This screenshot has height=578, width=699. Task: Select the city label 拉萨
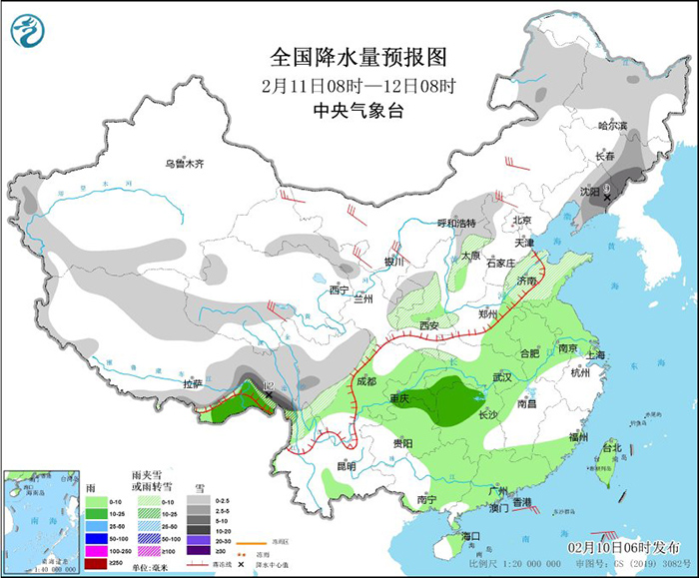[191, 383]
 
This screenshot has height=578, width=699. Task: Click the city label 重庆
[399, 399]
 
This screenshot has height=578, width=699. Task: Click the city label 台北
[611, 448]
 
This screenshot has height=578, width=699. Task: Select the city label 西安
[429, 325]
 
